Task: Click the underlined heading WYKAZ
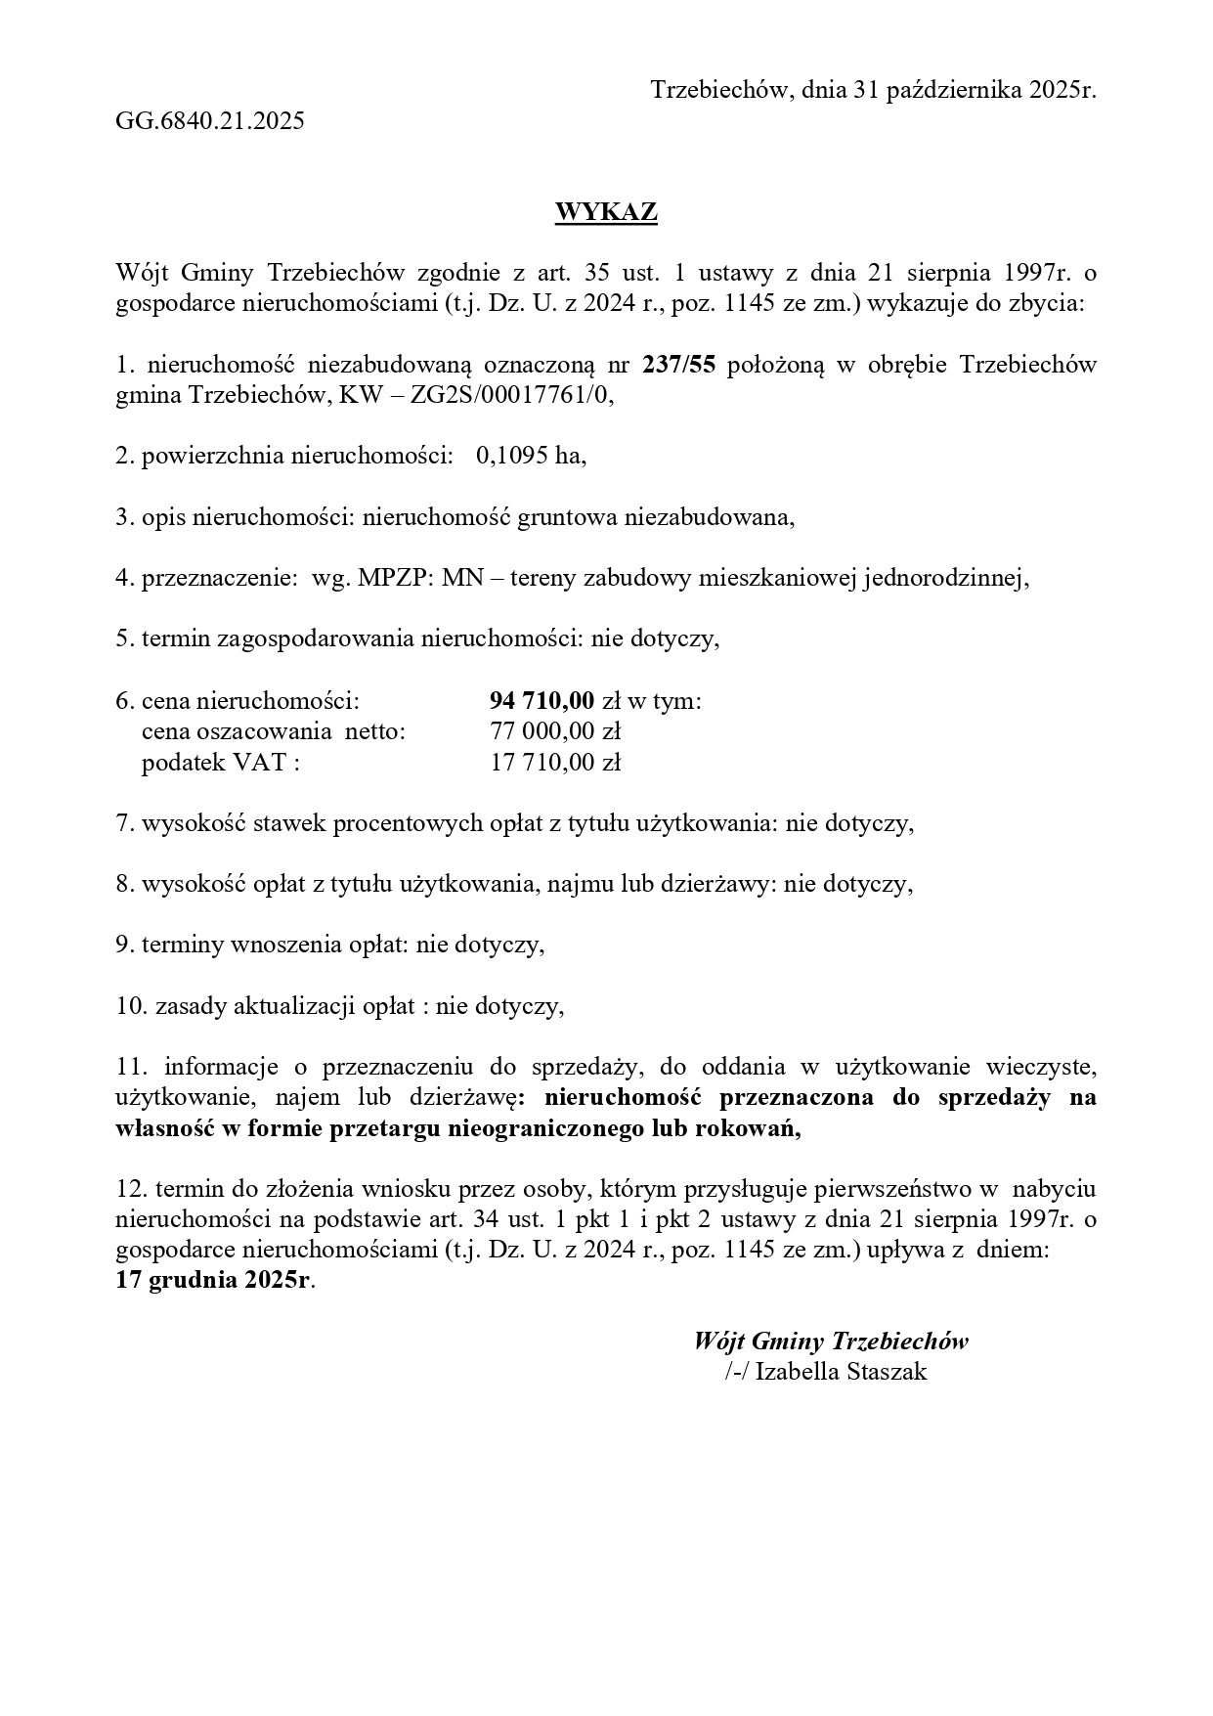[x=606, y=212]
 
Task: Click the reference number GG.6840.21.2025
[x=210, y=121]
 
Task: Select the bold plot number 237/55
[x=678, y=365]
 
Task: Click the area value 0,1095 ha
[x=531, y=456]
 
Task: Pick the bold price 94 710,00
[x=542, y=700]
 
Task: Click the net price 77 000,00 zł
[x=555, y=730]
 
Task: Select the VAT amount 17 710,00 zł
[x=555, y=762]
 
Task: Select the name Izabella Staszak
[x=841, y=1372]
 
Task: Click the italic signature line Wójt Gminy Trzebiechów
[x=831, y=1341]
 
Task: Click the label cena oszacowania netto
[x=273, y=730]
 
